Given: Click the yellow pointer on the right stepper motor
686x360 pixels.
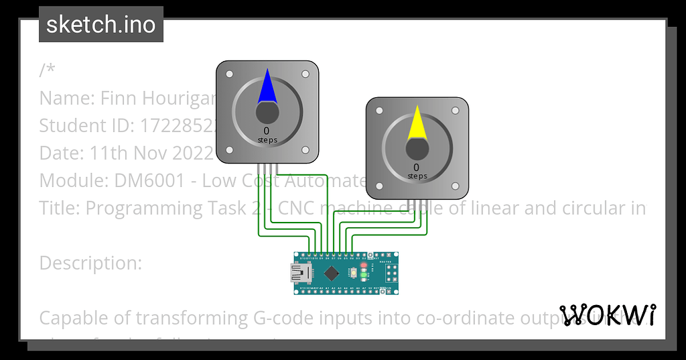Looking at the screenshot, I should tap(417, 123).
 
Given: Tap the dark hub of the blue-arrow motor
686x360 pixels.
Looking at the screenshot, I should tap(267, 112).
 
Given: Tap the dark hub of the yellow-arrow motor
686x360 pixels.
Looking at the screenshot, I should tap(417, 148).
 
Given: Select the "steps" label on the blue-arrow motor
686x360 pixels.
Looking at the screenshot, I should tap(267, 140).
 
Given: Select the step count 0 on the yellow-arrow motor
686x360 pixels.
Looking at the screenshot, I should tap(416, 168).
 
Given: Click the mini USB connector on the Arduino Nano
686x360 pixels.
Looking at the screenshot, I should tap(299, 273).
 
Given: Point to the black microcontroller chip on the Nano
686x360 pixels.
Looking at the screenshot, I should tap(332, 273).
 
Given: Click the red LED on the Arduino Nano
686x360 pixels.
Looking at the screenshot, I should tap(363, 266).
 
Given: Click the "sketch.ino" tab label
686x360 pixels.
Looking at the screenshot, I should tap(101, 25).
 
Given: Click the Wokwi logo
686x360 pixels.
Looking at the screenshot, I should tap(608, 314).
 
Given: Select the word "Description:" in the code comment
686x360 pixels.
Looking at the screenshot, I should tap(90, 263).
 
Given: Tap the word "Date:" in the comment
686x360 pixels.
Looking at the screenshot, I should tap(62, 154).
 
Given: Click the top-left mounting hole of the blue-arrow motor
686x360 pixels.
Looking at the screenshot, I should tap(229, 74).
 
